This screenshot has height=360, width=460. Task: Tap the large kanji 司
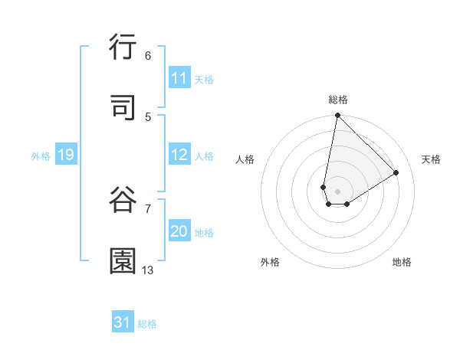point(123,108)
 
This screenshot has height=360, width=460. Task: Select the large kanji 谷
point(123,200)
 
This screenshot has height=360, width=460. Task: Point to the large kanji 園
point(123,261)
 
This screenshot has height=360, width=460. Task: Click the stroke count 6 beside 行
point(148,55)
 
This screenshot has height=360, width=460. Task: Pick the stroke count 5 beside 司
point(148,116)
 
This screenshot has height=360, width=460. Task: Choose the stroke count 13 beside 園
point(148,270)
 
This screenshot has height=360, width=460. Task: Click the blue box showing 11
point(179,78)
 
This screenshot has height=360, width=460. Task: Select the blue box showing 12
point(179,155)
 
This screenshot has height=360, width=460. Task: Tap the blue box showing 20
point(179,231)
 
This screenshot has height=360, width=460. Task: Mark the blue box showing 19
point(66,155)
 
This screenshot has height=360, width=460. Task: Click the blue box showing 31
point(123,322)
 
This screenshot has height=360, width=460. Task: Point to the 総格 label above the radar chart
point(338,100)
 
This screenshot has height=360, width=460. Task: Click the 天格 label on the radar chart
point(431,159)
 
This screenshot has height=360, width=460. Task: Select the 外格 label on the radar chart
point(270,262)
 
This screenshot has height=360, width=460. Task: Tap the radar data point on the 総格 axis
point(337,116)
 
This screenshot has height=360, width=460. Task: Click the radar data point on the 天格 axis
point(396,172)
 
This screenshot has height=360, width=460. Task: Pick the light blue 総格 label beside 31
point(147,324)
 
